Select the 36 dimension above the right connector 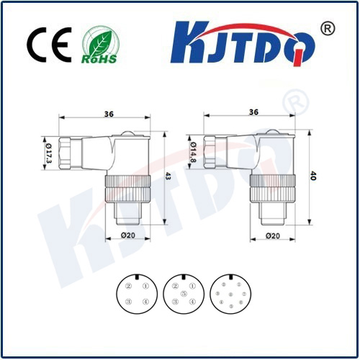(253, 113)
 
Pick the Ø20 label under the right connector (273, 235)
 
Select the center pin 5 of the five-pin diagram (183, 294)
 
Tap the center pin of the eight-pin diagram (230, 294)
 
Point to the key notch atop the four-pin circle (137, 276)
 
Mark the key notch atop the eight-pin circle (230, 276)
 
